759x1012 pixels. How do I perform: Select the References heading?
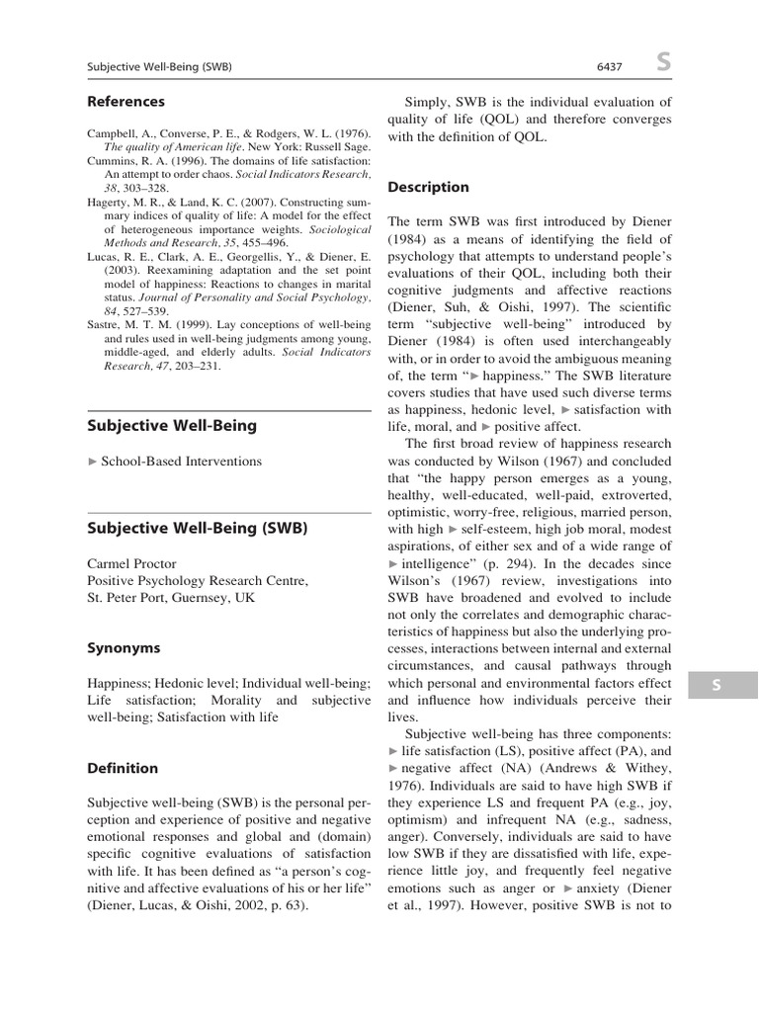[126, 101]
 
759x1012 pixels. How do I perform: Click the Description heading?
[428, 187]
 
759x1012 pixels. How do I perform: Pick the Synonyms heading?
[123, 648]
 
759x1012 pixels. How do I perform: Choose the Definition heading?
[123, 768]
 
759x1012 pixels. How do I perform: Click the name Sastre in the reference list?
[105, 323]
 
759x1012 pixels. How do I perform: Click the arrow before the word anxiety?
[567, 888]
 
